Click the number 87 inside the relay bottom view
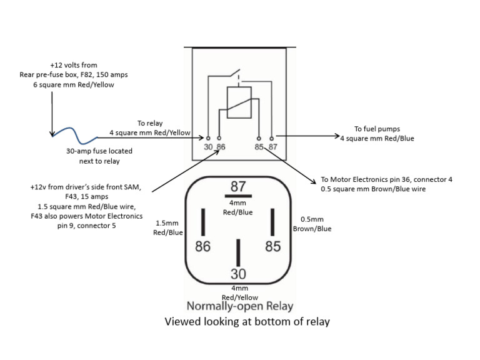click(x=237, y=186)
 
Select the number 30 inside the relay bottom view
click(x=237, y=274)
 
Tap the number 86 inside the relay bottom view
click(x=202, y=246)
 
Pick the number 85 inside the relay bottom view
click(x=273, y=246)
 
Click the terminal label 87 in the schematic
click(x=272, y=146)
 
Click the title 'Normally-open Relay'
click(x=240, y=306)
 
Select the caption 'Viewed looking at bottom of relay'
click(x=246, y=322)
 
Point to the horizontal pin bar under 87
click(x=237, y=196)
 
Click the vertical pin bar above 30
click(x=237, y=252)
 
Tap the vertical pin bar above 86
click(x=202, y=221)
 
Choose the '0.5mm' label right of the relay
click(x=312, y=219)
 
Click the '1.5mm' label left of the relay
click(x=168, y=222)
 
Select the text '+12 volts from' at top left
click(x=74, y=65)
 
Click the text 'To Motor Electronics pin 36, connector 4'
click(x=386, y=179)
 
